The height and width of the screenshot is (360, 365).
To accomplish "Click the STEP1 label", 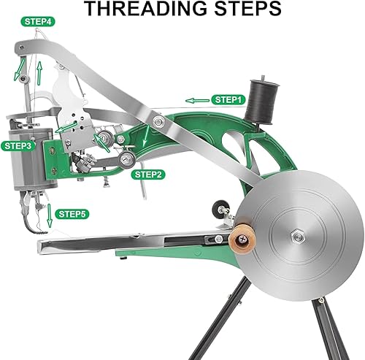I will click(x=227, y=99).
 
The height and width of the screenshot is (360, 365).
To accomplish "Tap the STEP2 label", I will click(x=148, y=175).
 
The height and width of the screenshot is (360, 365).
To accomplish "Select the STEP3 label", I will click(x=18, y=145).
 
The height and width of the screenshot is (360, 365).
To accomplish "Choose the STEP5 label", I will click(x=73, y=214).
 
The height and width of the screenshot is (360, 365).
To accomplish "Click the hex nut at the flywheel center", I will click(x=299, y=234).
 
